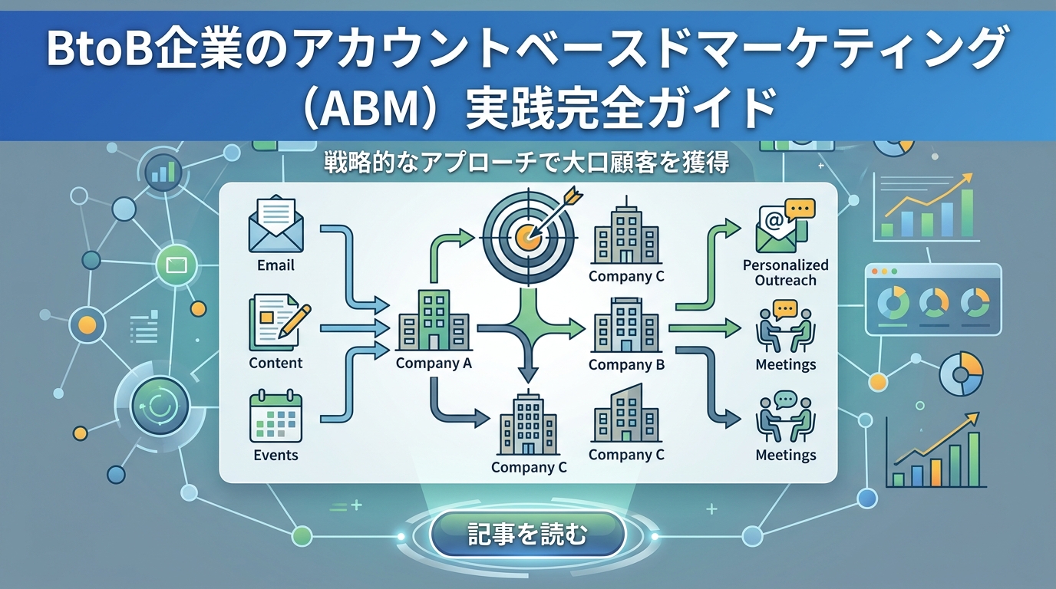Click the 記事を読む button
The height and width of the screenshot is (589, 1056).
tap(527, 534)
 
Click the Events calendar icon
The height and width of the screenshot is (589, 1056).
tap(276, 417)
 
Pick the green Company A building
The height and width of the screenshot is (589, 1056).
tap(434, 321)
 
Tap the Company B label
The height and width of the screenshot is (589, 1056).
tap(626, 365)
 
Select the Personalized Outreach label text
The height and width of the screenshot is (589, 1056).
tap(785, 272)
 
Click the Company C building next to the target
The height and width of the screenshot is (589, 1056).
tap(626, 233)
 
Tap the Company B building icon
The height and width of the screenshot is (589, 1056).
tap(626, 324)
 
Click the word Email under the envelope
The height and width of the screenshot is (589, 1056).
tap(276, 265)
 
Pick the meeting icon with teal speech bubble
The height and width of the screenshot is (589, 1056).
tap(784, 417)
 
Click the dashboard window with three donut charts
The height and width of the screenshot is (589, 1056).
tap(933, 299)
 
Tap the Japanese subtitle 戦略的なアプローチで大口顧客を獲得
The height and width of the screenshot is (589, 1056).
tap(527, 163)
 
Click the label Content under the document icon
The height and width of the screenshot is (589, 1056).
tap(276, 363)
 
